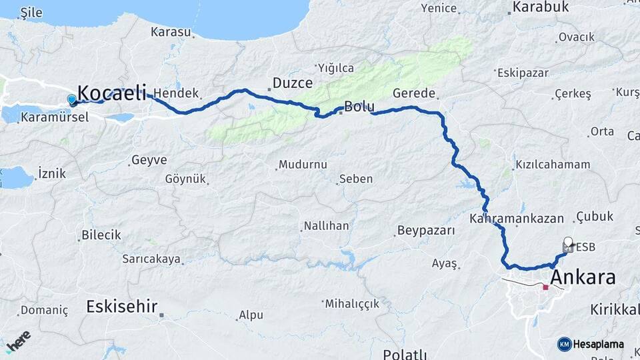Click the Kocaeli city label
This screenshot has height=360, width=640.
click(111, 93)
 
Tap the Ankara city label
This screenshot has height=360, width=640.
click(583, 277)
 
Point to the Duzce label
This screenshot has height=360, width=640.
click(292, 83)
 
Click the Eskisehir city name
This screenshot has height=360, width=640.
click(122, 307)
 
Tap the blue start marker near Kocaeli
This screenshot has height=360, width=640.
click(72, 100)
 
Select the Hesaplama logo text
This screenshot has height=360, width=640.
click(598, 344)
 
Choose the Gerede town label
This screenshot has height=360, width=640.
click(414, 93)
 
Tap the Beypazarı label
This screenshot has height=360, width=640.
click(425, 231)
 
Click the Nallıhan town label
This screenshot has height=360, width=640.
click(325, 226)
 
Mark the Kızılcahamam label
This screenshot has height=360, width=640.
click(553, 165)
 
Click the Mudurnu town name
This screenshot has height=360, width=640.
click(303, 165)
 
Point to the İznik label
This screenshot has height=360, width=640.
click(51, 173)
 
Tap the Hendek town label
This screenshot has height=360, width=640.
click(176, 93)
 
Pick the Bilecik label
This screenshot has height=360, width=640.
click(101, 235)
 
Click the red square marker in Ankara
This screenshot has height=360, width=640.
click(545, 287)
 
